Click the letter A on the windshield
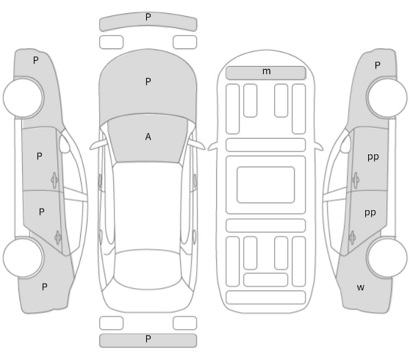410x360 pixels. (x=148, y=137)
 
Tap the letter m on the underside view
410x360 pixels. (x=267, y=71)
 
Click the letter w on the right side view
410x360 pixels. (x=361, y=287)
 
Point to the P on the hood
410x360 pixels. (x=148, y=82)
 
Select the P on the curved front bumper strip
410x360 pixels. (x=148, y=17)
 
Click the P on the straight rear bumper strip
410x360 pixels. (x=148, y=339)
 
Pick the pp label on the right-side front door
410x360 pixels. (x=373, y=157)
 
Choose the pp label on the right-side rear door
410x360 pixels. (x=370, y=213)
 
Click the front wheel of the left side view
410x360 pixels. (x=24, y=97)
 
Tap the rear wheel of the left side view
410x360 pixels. (x=23, y=257)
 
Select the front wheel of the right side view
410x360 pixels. (x=387, y=97)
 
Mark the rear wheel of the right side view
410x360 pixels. (x=387, y=257)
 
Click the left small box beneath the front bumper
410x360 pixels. (x=112, y=42)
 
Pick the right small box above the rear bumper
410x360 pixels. (x=185, y=323)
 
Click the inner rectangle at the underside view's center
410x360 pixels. (x=266, y=184)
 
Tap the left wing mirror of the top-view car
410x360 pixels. (x=98, y=145)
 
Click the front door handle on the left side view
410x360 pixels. (x=54, y=180)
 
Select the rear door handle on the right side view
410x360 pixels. (x=352, y=238)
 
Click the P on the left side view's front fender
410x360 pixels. (x=36, y=60)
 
